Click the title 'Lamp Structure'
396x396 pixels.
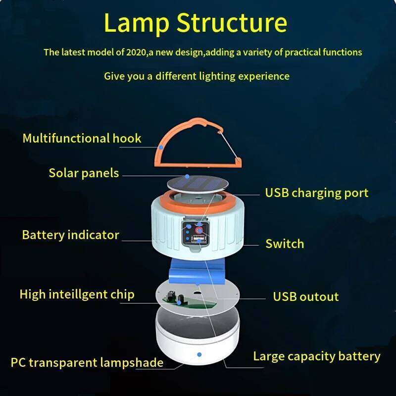coord(196,23)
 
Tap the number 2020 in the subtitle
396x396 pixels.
coord(134,52)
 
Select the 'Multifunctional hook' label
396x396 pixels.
coord(82,138)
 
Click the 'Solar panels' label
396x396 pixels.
coord(84,173)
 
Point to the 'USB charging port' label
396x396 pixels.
coord(316,193)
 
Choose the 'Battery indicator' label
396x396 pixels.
coord(70,235)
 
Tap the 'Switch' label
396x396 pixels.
coord(285,244)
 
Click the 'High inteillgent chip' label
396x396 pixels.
coord(77,295)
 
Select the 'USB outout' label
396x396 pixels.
coord(305,297)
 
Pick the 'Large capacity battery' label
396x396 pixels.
coord(316,356)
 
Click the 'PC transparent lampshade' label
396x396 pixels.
coord(87,362)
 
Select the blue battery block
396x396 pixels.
coord(198,270)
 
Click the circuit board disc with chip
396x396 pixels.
coord(198,296)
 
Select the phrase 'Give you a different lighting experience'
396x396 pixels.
coord(197,76)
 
